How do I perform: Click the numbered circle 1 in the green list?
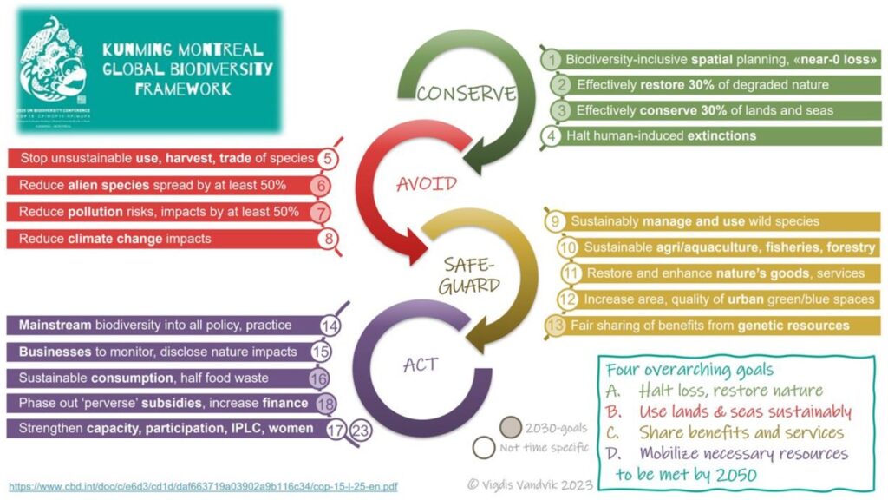tap(551, 60)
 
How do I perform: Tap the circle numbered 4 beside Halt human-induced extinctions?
tap(551, 135)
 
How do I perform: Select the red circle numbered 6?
tap(321, 185)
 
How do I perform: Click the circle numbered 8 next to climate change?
tap(327, 238)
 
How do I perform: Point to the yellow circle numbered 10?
tap(568, 247)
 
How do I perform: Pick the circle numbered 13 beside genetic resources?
tap(555, 326)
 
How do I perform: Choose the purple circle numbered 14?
tap(330, 326)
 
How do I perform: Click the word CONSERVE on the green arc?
tap(466, 94)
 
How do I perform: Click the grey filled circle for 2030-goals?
tap(512, 427)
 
